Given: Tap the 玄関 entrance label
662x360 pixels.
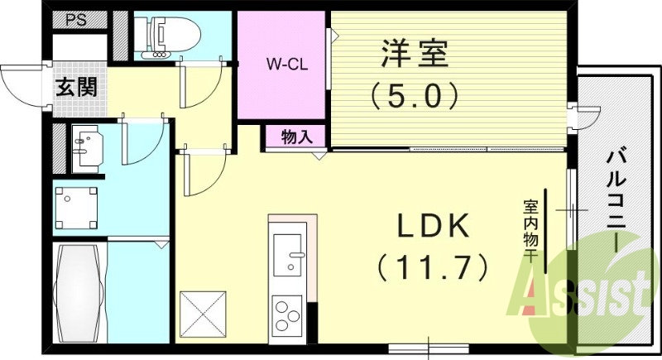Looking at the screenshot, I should (x=75, y=86).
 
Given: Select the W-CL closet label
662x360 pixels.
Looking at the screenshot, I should (x=287, y=65).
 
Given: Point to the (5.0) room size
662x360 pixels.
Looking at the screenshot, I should (x=414, y=98).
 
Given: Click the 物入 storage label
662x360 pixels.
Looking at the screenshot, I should (x=296, y=137).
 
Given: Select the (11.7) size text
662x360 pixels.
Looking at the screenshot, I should (x=431, y=266).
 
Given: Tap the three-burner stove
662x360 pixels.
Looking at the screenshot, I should (x=287, y=315).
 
